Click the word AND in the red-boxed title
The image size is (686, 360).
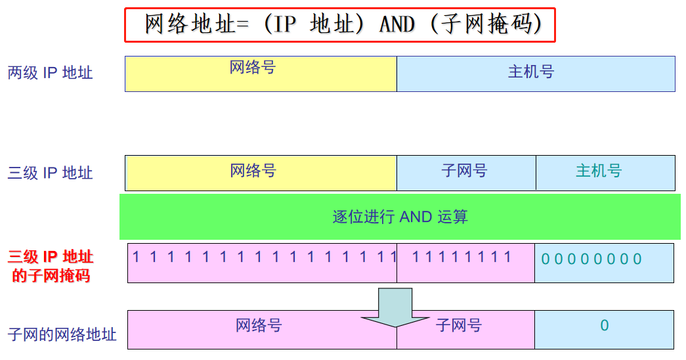pos(397,24)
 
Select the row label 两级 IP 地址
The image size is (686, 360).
pos(51,73)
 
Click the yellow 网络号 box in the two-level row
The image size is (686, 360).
pos(261,73)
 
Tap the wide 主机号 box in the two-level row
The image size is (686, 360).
pos(536,73)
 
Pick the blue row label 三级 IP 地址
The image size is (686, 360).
pos(51,173)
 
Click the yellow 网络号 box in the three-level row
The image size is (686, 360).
pos(261,172)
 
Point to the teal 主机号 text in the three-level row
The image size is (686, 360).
pos(598,171)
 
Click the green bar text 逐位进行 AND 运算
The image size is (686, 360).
pos(400,217)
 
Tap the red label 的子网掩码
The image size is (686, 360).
pos(51,275)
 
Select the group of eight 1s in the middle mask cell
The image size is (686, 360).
pos(461,257)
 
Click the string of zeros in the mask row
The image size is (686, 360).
pos(591,259)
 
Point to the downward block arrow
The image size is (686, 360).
pos(395,308)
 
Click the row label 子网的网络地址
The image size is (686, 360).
pos(62,334)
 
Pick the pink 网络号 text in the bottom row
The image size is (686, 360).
pos(259,325)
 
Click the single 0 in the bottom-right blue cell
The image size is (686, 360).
pos(604,325)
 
